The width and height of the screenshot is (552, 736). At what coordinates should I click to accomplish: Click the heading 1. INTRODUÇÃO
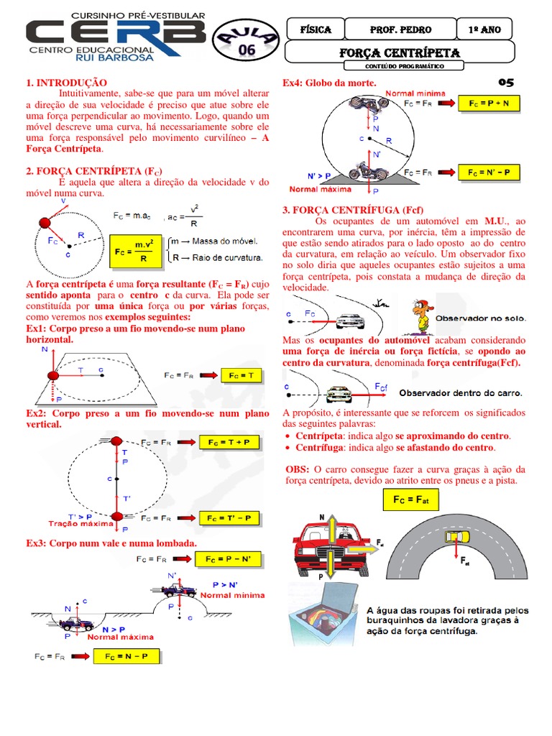pos(66,84)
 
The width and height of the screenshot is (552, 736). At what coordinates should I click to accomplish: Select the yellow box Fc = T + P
pos(229,442)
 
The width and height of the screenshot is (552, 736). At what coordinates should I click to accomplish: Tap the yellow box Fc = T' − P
pos(229,517)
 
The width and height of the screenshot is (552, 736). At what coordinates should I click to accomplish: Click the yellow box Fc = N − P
pos(126,657)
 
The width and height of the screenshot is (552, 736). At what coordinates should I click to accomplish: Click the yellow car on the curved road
pos(458,537)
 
